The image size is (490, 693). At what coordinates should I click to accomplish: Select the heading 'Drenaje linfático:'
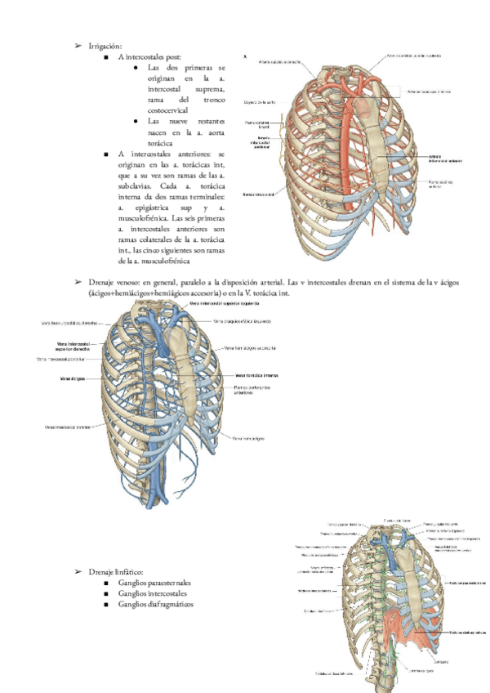116,573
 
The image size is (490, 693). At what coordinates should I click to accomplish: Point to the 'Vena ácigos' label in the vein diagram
74,379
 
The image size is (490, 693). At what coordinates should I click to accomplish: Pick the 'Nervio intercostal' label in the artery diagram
257,195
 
